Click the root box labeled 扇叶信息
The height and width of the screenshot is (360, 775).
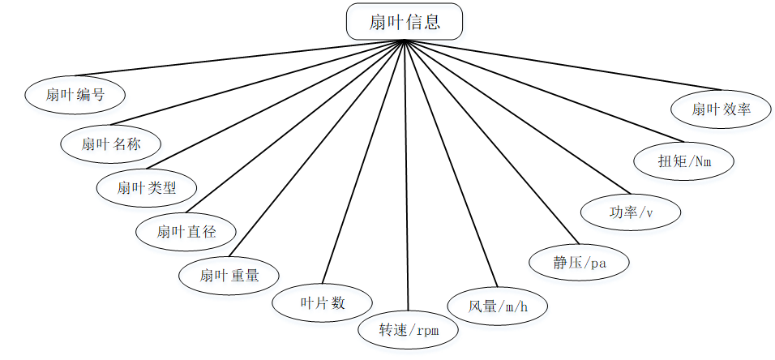tap(405, 22)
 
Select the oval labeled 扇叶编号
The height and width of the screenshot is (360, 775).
tap(75, 94)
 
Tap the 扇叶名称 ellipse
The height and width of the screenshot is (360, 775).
tap(111, 144)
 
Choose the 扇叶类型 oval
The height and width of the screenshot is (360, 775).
tap(147, 188)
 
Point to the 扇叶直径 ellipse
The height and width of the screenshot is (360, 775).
tap(186, 232)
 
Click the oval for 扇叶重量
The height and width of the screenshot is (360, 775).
tap(229, 275)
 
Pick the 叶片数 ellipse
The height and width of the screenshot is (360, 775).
tap(323, 302)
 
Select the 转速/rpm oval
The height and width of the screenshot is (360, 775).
tap(408, 330)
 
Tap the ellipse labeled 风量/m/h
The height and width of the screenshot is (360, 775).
tap(498, 306)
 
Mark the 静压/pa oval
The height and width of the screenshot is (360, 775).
tap(579, 262)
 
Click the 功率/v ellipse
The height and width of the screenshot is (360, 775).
tap(632, 212)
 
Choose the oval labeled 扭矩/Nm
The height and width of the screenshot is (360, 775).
tap(684, 161)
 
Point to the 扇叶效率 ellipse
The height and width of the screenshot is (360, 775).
tap(721, 109)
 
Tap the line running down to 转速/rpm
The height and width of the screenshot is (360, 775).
tap(405, 178)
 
